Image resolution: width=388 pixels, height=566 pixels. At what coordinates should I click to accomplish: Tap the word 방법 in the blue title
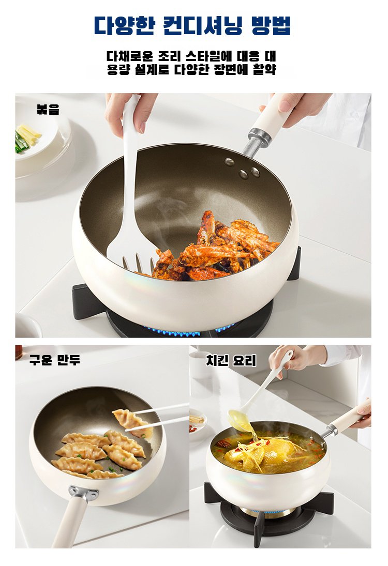tap(270, 25)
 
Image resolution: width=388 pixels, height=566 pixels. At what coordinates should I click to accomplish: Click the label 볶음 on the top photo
tap(48, 110)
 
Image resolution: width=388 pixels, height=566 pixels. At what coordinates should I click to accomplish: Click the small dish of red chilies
tap(197, 426)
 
